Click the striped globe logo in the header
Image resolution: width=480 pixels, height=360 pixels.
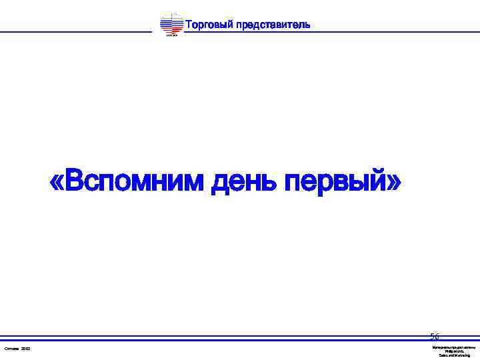coord(171,24)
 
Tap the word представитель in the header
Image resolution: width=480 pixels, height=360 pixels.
coord(273,25)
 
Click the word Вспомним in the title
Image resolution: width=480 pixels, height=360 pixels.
coord(133,179)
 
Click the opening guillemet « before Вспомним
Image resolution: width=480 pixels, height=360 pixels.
coord(57,180)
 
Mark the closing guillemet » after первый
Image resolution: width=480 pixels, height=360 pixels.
coord(394,180)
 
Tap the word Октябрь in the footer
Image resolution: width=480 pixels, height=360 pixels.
coord(11,349)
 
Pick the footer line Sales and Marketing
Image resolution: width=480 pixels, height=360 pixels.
coord(454,355)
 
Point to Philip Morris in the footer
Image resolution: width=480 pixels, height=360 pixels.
coord(454,351)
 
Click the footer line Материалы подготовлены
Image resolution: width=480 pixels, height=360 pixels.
coord(454,347)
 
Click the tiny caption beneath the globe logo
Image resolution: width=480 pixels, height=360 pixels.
coord(171,35)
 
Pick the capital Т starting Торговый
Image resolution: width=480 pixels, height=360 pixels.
coord(189,25)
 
